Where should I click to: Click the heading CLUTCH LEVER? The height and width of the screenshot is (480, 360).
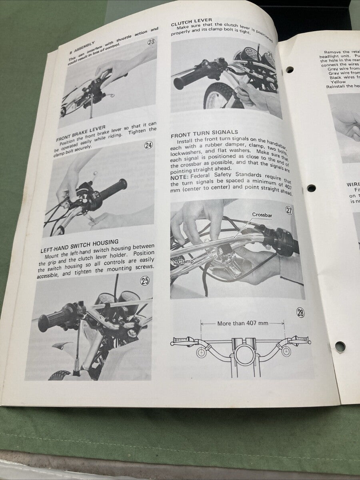[x=191, y=21]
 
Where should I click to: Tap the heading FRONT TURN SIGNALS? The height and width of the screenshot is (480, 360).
[x=204, y=133]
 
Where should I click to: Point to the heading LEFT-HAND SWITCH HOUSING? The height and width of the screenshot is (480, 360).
[x=79, y=242]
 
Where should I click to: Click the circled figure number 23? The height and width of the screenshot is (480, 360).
[x=151, y=42]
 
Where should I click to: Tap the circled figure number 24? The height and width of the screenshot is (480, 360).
[x=148, y=145]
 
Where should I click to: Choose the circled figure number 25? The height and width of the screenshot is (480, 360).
[x=144, y=281]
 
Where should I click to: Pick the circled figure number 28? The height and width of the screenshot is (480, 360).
[x=300, y=313]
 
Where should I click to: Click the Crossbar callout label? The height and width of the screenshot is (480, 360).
[x=262, y=215]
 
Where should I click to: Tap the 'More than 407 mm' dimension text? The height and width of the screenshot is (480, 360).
[x=242, y=323]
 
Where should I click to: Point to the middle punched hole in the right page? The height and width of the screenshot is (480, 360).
[x=311, y=188]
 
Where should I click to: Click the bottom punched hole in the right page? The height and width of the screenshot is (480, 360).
[x=340, y=346]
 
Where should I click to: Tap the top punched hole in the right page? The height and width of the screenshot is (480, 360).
[x=289, y=70]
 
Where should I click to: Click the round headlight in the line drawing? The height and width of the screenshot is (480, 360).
[x=243, y=354]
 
